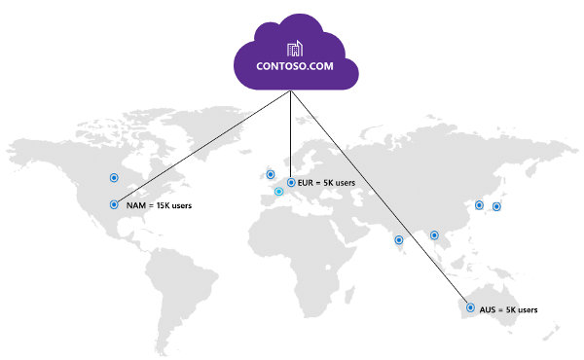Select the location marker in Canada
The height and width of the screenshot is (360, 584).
(114, 178)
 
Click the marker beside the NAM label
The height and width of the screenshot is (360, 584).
(114, 204)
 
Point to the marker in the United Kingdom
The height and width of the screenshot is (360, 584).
(270, 174)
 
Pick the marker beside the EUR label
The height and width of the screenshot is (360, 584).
(290, 181)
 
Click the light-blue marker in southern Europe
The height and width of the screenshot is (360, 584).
(278, 192)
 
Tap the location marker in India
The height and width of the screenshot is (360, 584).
(399, 239)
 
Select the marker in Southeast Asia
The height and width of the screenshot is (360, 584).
(434, 234)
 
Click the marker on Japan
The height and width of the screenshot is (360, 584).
(496, 206)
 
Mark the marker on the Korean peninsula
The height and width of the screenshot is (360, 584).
(478, 204)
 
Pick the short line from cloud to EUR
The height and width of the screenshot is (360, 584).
(291, 136)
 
